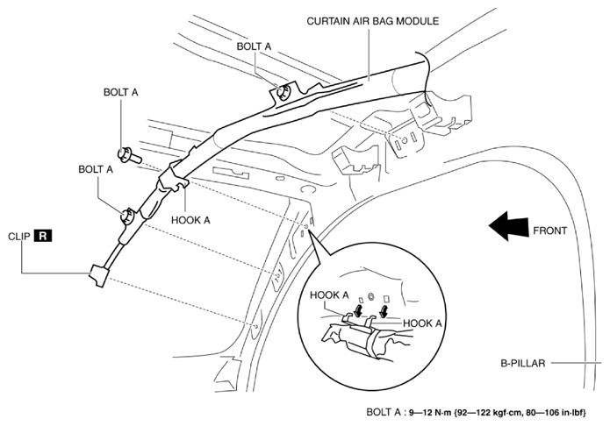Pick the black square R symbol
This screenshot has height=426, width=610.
44,236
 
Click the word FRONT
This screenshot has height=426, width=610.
549,231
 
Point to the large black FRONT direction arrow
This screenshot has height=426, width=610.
505,230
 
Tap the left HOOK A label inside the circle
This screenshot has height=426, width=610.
330,295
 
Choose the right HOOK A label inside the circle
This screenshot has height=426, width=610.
421,323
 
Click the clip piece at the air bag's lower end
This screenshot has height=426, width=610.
96,276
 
